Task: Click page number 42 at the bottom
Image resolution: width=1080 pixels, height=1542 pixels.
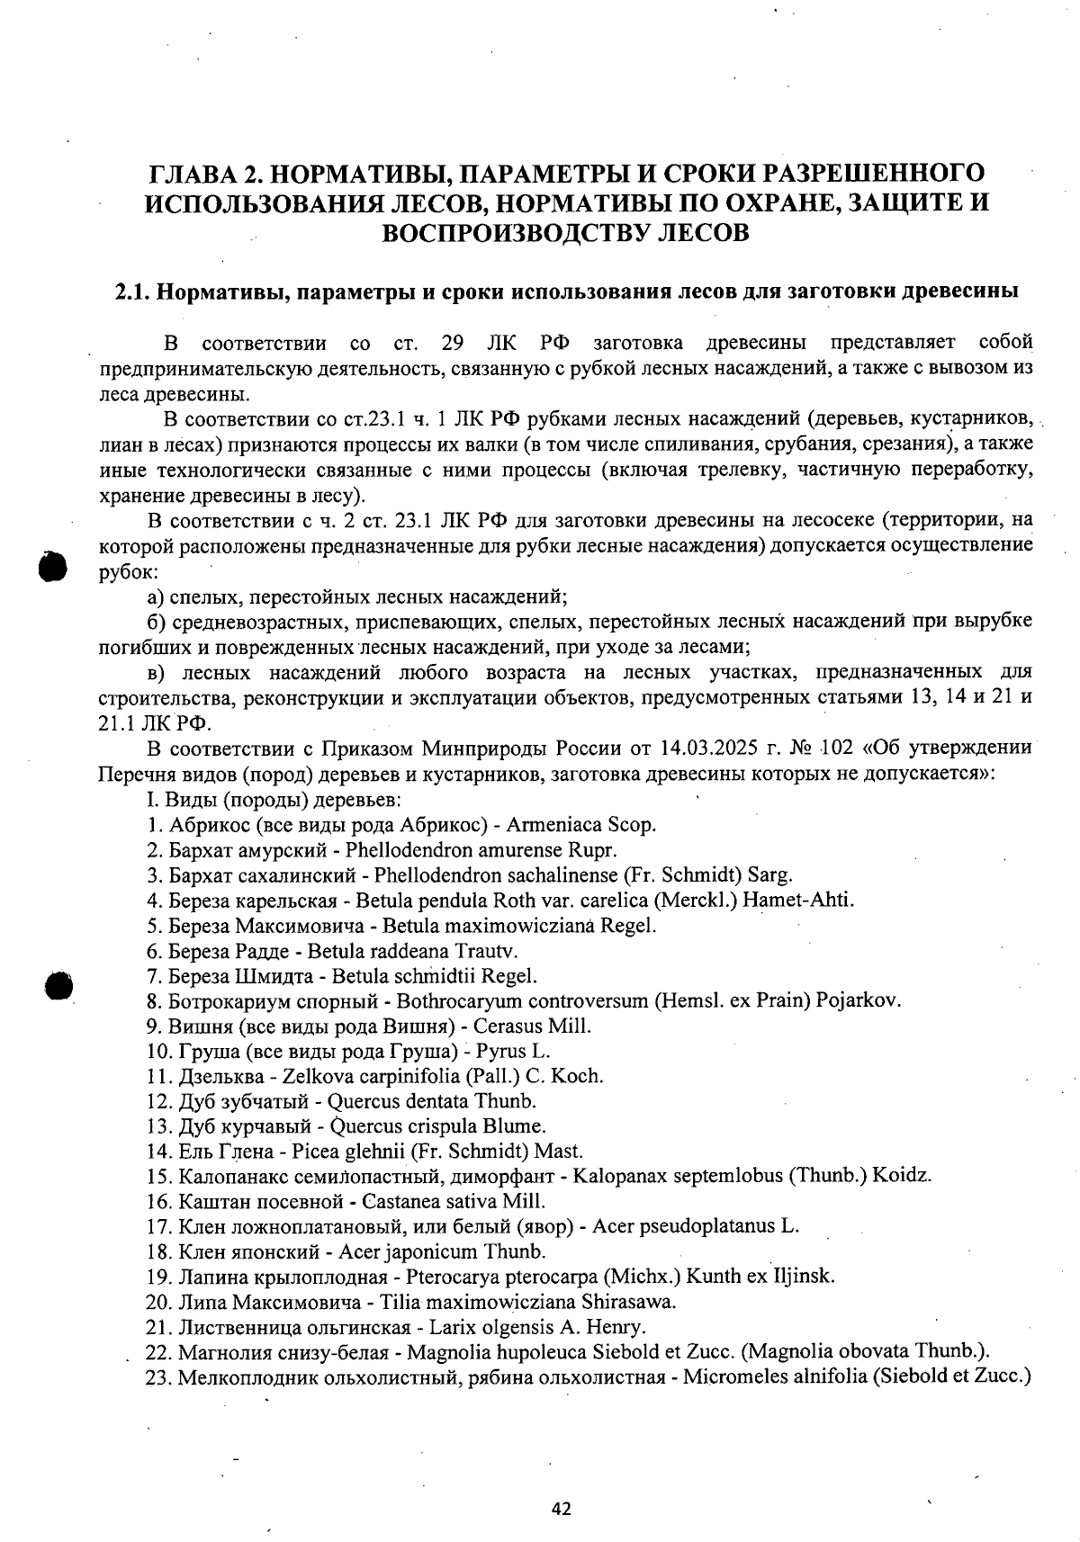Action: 562,1509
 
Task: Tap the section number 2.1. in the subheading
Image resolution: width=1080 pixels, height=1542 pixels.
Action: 134,292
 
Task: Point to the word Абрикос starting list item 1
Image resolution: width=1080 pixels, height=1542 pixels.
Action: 210,824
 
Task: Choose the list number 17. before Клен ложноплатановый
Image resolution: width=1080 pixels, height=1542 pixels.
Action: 158,1226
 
